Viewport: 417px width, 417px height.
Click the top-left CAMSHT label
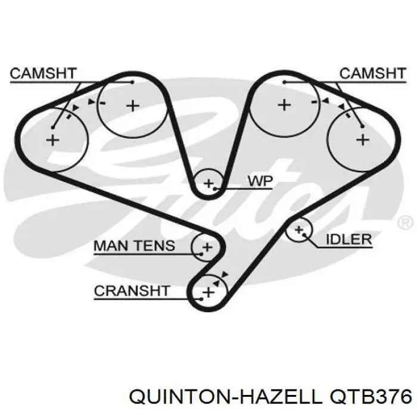(43, 73)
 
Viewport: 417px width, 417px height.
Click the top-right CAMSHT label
(373, 73)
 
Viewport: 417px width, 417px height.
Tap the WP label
(260, 181)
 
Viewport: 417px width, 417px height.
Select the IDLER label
(348, 239)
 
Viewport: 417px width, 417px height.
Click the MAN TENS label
(134, 245)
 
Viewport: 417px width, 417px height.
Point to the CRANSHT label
(132, 291)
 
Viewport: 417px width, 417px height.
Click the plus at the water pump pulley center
(208, 183)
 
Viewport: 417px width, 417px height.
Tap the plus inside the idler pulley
(299, 229)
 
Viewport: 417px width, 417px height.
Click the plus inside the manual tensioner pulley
(207, 247)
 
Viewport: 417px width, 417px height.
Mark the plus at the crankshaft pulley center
(208, 292)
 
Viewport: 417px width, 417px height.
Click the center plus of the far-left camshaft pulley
(52, 140)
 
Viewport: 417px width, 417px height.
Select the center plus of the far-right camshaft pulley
(363, 139)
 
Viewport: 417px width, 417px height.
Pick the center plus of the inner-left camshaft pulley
(133, 106)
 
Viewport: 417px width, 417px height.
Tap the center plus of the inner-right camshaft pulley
(284, 105)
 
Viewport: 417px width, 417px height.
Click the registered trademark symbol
(405, 223)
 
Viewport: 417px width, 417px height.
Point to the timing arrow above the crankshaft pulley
(225, 275)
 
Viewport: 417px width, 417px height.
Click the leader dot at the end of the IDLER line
(304, 235)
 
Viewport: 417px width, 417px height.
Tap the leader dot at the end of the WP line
(215, 189)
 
